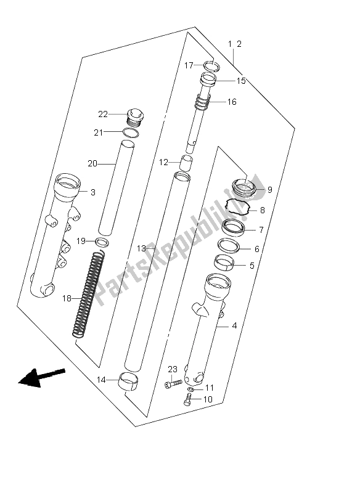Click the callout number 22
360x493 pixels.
[x=103, y=115]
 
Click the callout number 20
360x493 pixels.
[x=92, y=164]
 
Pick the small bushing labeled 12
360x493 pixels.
[x=186, y=163]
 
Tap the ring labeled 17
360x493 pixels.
[x=211, y=67]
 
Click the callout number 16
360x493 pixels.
[x=231, y=102]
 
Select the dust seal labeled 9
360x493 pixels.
[x=244, y=188]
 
